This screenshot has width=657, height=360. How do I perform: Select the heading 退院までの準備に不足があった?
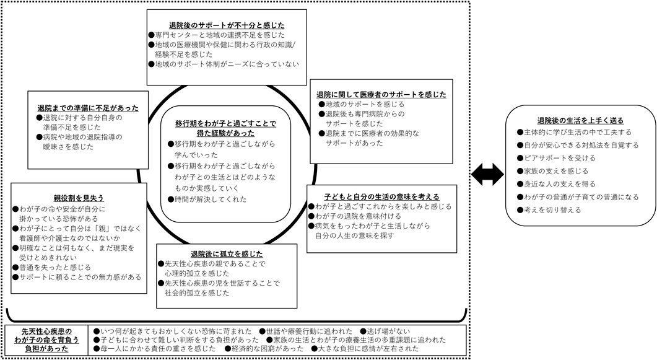[x=87, y=107]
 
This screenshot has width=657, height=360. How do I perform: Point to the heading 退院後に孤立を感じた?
[x=227, y=253]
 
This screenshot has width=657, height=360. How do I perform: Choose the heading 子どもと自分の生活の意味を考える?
[x=381, y=196]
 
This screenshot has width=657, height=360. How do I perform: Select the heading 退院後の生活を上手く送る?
[x=580, y=120]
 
